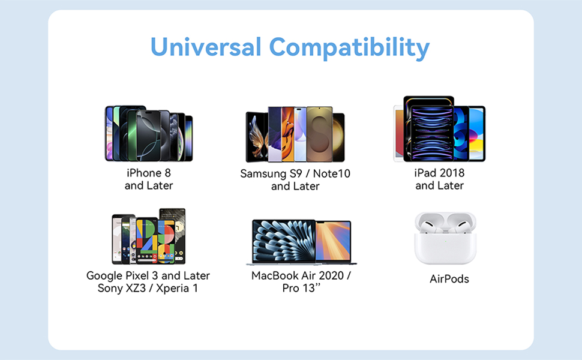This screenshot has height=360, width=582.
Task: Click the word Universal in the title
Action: [x=206, y=47]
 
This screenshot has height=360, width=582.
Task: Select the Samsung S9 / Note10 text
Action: [x=295, y=173]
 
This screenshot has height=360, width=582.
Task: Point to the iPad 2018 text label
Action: [x=440, y=173]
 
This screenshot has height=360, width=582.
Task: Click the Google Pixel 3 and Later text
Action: [x=148, y=275]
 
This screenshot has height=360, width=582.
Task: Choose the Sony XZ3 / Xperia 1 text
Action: [x=148, y=288]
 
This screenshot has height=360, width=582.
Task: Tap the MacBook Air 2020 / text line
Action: [x=301, y=276]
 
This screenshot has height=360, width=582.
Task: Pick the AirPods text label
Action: [x=449, y=279]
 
